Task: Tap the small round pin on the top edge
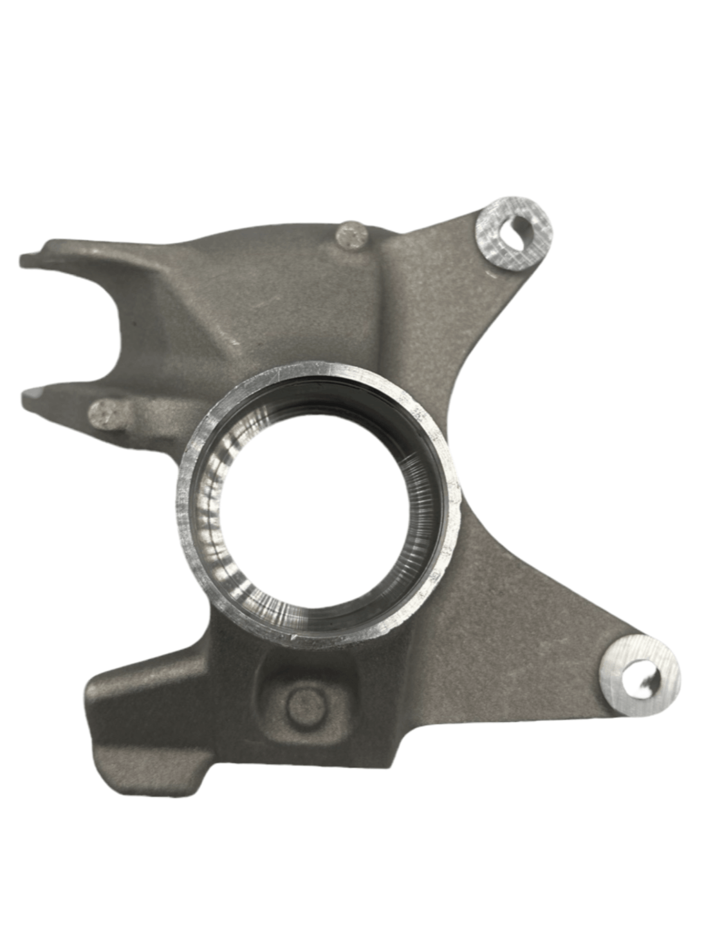[351, 236]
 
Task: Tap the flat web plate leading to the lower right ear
[528, 618]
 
